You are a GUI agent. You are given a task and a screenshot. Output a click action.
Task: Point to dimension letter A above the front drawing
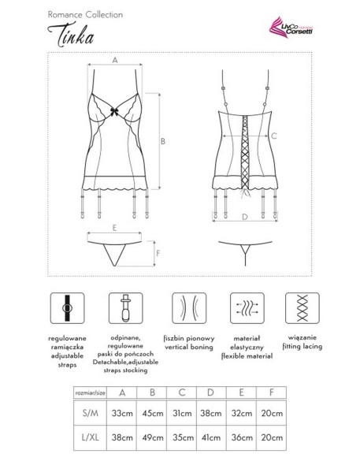point(115,60)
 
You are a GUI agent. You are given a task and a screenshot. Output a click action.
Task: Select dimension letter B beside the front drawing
point(161,141)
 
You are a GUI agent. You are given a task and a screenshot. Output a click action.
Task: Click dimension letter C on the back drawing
point(274,136)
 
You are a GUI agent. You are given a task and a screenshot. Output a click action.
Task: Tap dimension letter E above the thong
point(115,227)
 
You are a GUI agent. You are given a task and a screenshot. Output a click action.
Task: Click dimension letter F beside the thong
point(158,253)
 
